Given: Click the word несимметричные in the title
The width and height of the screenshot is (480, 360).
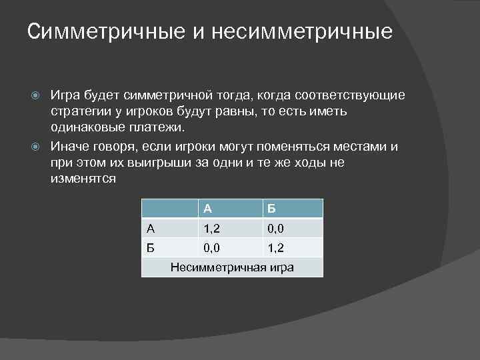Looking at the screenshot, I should point(303,31).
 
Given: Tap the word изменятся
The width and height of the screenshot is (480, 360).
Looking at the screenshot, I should point(83,179).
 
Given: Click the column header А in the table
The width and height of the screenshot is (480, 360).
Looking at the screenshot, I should point(208,209).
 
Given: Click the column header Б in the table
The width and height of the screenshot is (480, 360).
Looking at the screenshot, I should point(271,209).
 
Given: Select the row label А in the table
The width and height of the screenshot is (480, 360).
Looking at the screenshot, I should point(151,229).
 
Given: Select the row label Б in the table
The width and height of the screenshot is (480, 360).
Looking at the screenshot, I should point(151,248).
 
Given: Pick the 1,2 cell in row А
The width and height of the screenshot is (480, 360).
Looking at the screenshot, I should point(212,229).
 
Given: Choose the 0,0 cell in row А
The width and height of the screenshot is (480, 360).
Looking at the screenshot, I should point(275,229).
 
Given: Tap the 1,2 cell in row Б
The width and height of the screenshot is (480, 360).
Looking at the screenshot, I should point(275,248).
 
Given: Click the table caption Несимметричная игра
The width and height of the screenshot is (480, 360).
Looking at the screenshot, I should point(233,267).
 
